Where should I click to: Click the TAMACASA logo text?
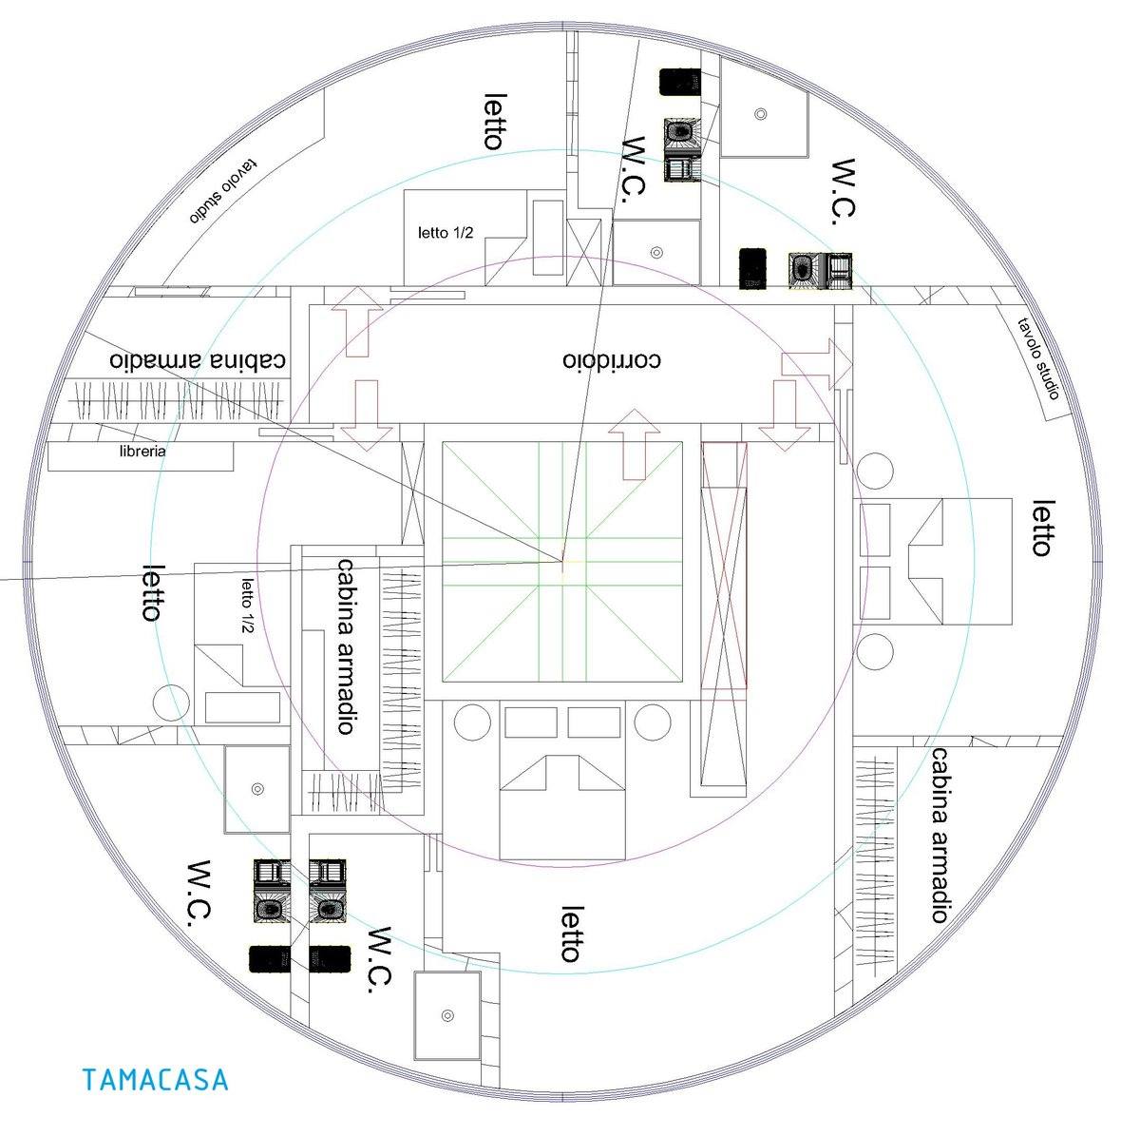[155, 1080]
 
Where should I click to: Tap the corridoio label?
[611, 361]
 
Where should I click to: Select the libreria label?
[142, 452]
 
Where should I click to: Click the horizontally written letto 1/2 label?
[446, 232]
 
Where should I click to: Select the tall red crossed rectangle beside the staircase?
[724, 566]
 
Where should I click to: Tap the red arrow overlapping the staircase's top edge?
[634, 443]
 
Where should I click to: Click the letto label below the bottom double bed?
[570, 934]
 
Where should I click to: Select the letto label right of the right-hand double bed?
[1042, 529]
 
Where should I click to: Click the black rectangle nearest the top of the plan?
[680, 82]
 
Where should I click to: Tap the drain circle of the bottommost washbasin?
[447, 1016]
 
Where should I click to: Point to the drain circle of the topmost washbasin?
[760, 114]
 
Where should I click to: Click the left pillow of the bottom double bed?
[531, 722]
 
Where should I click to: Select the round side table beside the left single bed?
[172, 703]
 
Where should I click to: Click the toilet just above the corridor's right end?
[804, 268]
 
